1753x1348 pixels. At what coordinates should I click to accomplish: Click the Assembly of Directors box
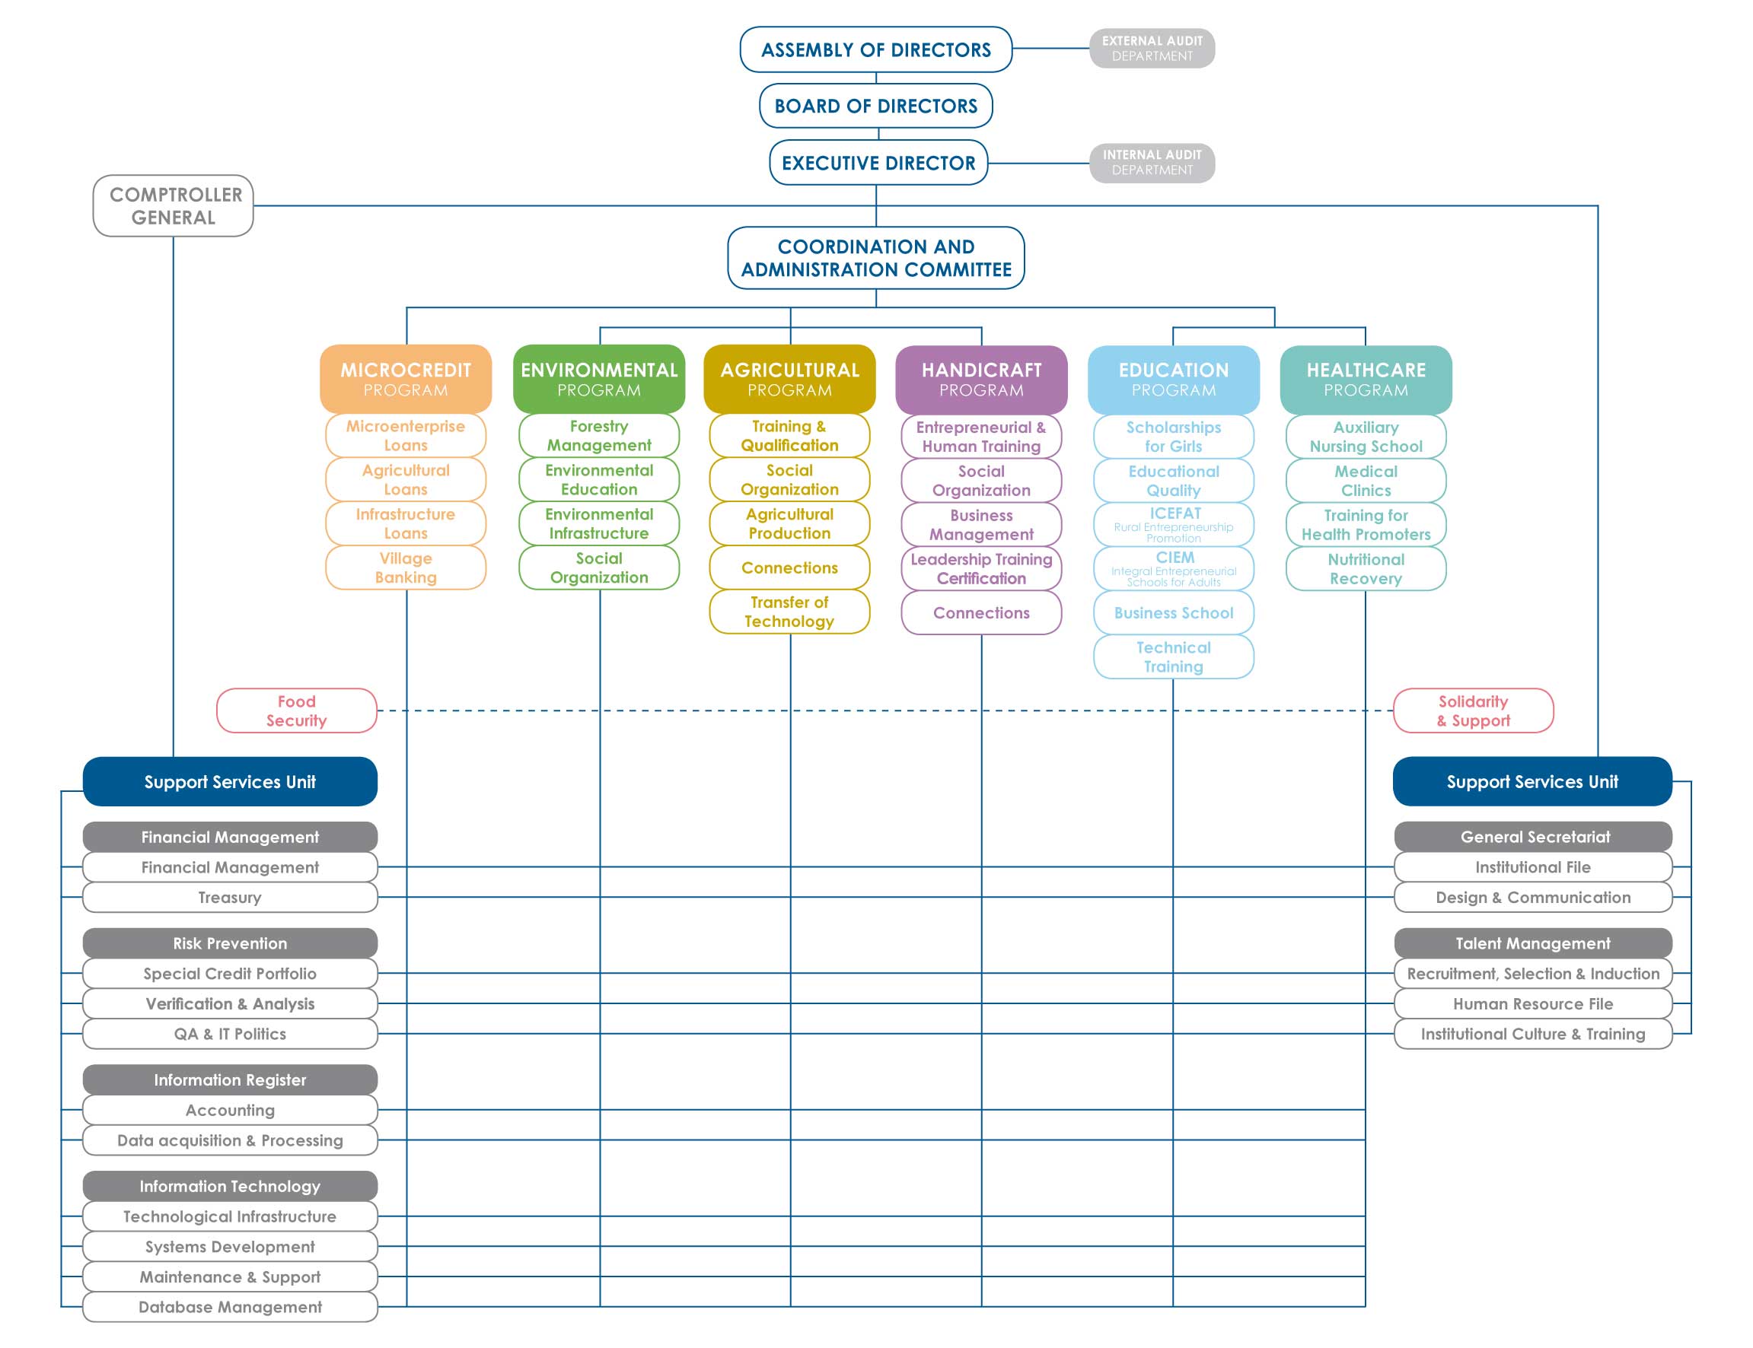tap(875, 49)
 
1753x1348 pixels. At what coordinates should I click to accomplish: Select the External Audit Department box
tap(1151, 48)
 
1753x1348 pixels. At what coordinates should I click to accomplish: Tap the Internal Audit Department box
tap(1151, 163)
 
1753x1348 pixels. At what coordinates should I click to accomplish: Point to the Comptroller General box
tap(174, 206)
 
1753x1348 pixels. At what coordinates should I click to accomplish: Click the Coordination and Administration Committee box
tap(875, 258)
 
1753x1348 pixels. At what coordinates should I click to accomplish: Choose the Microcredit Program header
tap(406, 379)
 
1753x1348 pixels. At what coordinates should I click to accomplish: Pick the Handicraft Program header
tap(981, 380)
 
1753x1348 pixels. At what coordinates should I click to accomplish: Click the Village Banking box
tap(406, 567)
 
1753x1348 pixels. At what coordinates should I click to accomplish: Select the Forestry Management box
tap(599, 436)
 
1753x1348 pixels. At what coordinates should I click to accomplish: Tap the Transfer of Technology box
tap(789, 612)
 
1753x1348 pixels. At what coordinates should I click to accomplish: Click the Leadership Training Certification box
tap(981, 568)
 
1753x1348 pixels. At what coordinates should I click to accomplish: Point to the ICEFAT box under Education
tap(1173, 524)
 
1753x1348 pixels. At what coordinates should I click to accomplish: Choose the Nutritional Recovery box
tap(1366, 568)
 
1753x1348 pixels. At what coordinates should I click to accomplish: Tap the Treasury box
tap(230, 897)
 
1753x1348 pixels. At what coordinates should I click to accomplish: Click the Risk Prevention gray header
tap(230, 943)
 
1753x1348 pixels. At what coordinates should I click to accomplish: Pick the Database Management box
tap(230, 1306)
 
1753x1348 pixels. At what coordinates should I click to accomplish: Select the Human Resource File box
tap(1532, 1003)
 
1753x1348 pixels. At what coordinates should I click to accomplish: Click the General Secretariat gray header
tap(1532, 836)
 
